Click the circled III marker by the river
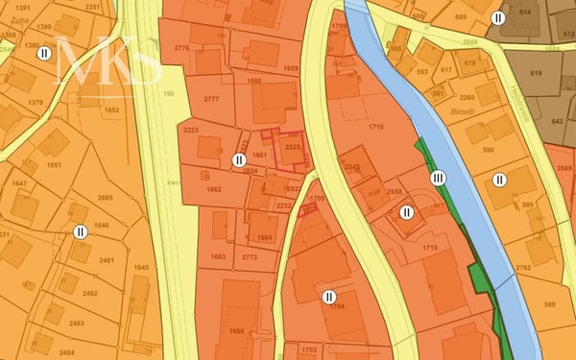(x=439, y=178)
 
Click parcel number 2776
(x=182, y=48)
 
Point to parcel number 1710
(x=375, y=127)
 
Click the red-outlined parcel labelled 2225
(x=293, y=147)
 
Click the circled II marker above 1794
(x=329, y=297)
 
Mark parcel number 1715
(x=429, y=248)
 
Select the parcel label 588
(x=548, y=305)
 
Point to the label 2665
(x=106, y=198)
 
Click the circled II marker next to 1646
(x=81, y=231)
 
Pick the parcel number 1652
(x=111, y=110)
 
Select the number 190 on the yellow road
(x=169, y=94)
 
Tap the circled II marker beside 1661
(x=239, y=159)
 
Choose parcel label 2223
(x=190, y=130)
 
